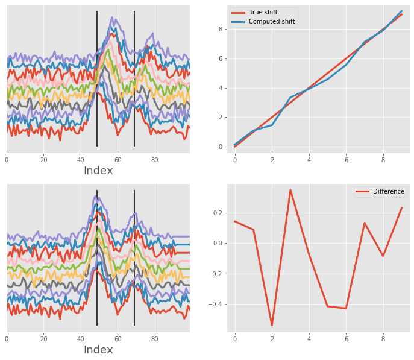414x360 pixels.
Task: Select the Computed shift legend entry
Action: tap(271, 22)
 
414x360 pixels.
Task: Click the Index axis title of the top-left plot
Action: tap(98, 171)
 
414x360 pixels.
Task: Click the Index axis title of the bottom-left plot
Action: tap(98, 350)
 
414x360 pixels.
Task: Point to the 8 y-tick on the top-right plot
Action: tap(221, 29)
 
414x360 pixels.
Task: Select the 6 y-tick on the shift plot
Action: tap(221, 58)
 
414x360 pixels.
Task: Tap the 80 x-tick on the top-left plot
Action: tap(155, 160)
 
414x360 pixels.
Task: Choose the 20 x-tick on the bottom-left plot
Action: tap(43, 339)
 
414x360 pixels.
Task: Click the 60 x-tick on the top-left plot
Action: tap(118, 160)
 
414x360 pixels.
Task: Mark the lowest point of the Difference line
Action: tap(272, 326)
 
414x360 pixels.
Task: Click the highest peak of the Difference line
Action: tap(290, 190)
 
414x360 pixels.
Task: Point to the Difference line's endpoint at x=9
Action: tap(402, 208)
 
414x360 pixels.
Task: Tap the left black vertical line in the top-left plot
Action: tap(97, 78)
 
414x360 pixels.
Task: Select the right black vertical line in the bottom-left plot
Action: tap(134, 259)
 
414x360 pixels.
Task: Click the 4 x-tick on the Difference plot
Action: tap(309, 339)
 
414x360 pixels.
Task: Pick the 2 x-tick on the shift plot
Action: tap(272, 160)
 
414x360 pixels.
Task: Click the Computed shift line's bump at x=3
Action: tap(290, 97)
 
